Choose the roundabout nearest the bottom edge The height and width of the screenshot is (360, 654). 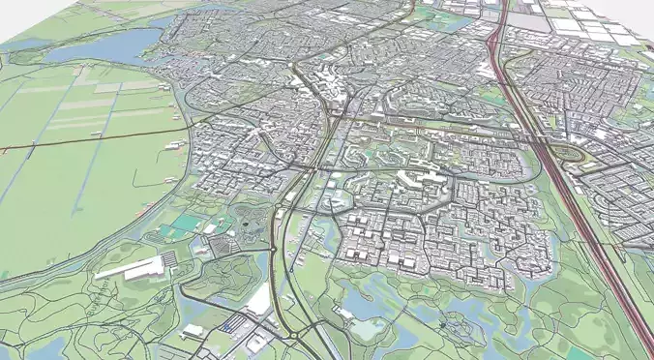coord(290,337)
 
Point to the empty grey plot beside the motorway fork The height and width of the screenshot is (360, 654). coord(526,20)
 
